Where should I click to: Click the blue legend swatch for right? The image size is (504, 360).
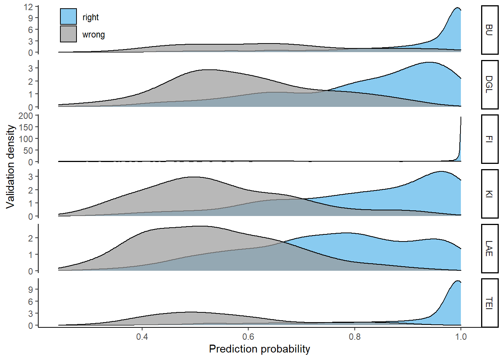pos(68,17)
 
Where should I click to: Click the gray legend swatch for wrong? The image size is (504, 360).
pos(68,34)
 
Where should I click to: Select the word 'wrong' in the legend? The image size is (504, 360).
pos(93,34)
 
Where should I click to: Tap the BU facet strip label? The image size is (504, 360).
pos(489,30)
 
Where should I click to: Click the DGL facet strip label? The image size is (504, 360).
pos(489,84)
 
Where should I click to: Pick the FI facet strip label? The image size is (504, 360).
pos(489,139)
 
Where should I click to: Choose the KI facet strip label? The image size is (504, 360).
pos(489,194)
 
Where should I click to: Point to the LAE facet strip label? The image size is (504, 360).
pos(489,248)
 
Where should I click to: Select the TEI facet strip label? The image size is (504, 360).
pos(489,303)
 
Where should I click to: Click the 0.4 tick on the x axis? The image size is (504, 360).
pos(142,336)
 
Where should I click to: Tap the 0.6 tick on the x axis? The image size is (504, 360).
pos(248,336)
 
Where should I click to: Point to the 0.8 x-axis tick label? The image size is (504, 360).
pos(355,336)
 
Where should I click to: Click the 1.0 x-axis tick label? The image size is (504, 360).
pos(461,336)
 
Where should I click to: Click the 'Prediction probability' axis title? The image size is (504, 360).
pos(259,349)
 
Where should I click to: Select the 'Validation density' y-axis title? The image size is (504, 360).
pos(10,166)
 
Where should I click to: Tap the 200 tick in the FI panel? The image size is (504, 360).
pos(25,116)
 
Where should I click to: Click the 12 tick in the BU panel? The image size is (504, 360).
pos(28,7)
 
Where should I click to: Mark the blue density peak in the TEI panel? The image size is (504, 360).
pos(457,281)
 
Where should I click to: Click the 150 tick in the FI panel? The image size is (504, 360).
pos(25,127)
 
